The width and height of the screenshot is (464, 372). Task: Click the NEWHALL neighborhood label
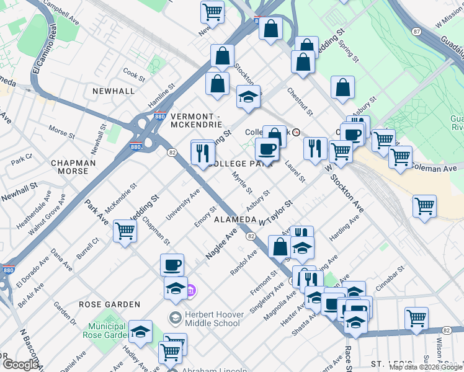click(114, 91)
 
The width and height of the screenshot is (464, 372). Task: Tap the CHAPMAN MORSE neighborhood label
click(73, 167)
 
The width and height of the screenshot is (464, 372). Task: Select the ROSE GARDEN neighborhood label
click(110, 304)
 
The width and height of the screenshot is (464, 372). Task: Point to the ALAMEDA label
click(235, 220)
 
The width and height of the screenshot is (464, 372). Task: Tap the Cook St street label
click(133, 74)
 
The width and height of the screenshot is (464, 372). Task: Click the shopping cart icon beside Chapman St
click(125, 231)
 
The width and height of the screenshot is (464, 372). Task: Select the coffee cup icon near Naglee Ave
click(172, 265)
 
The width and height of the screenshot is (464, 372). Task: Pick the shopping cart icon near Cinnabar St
click(416, 318)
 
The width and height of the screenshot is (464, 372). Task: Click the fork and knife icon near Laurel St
click(315, 148)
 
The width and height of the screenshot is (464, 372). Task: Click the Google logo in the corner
click(20, 365)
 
